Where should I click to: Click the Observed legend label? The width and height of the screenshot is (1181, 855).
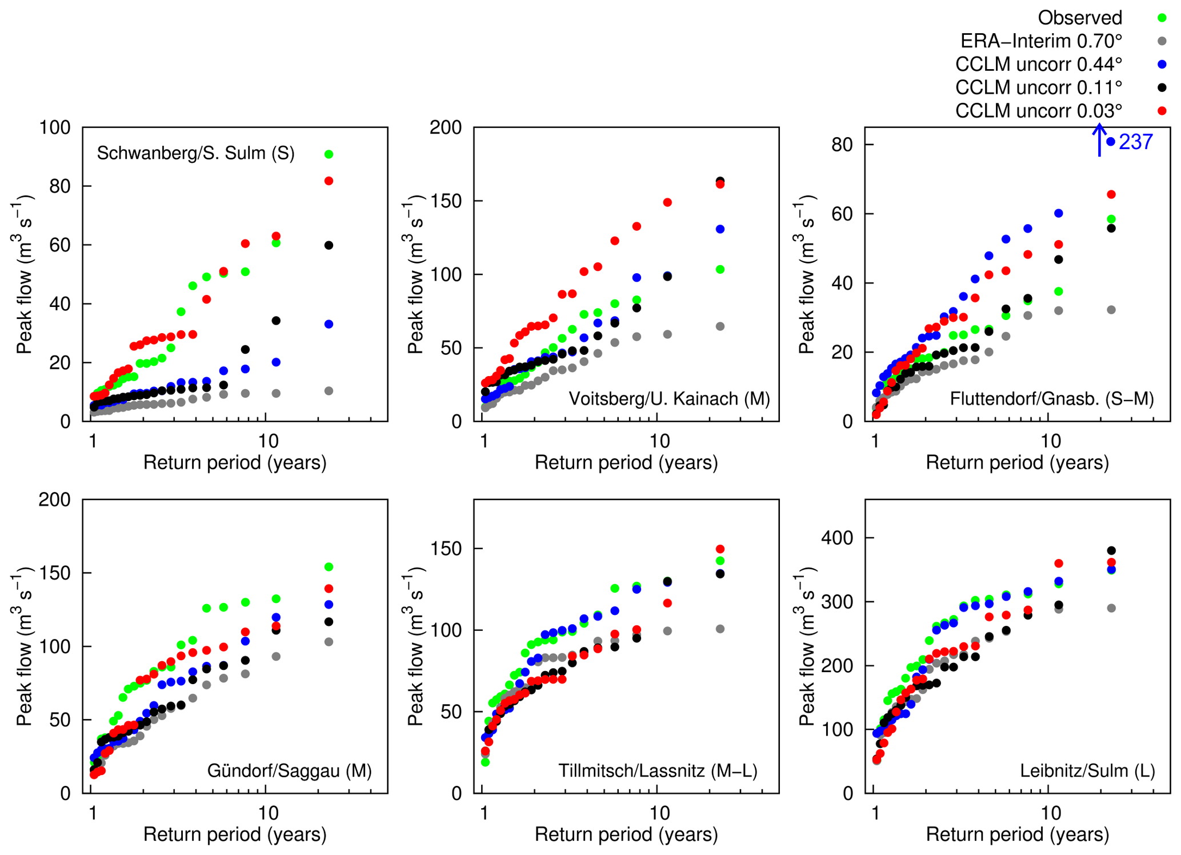[x=1079, y=18]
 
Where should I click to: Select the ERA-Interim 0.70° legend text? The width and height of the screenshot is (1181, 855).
[x=1041, y=41]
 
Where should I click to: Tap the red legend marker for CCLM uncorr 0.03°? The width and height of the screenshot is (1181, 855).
[x=1162, y=111]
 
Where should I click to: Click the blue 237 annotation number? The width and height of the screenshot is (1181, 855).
[x=1136, y=142]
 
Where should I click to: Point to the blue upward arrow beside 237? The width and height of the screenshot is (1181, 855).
[x=1099, y=140]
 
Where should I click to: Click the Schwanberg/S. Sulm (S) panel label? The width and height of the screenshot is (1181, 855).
[x=195, y=153]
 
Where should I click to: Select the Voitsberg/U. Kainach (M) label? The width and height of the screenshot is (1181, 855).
[x=669, y=398]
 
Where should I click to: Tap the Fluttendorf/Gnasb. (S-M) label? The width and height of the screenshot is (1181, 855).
[x=1052, y=398]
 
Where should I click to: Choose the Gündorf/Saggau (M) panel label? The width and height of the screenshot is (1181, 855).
[x=289, y=771]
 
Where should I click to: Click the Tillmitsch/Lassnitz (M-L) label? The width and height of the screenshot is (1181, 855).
[x=658, y=771]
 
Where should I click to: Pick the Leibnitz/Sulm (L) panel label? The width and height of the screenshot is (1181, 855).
[x=1087, y=771]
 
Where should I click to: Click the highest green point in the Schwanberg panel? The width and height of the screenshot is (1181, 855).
[x=329, y=154]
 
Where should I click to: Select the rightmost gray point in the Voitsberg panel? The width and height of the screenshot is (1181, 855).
[x=720, y=326]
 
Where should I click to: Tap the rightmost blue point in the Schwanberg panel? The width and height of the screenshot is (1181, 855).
[x=329, y=324]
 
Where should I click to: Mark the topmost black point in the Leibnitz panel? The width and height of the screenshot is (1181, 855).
[x=1111, y=551]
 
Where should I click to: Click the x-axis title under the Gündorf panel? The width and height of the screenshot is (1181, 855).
[x=235, y=834]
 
